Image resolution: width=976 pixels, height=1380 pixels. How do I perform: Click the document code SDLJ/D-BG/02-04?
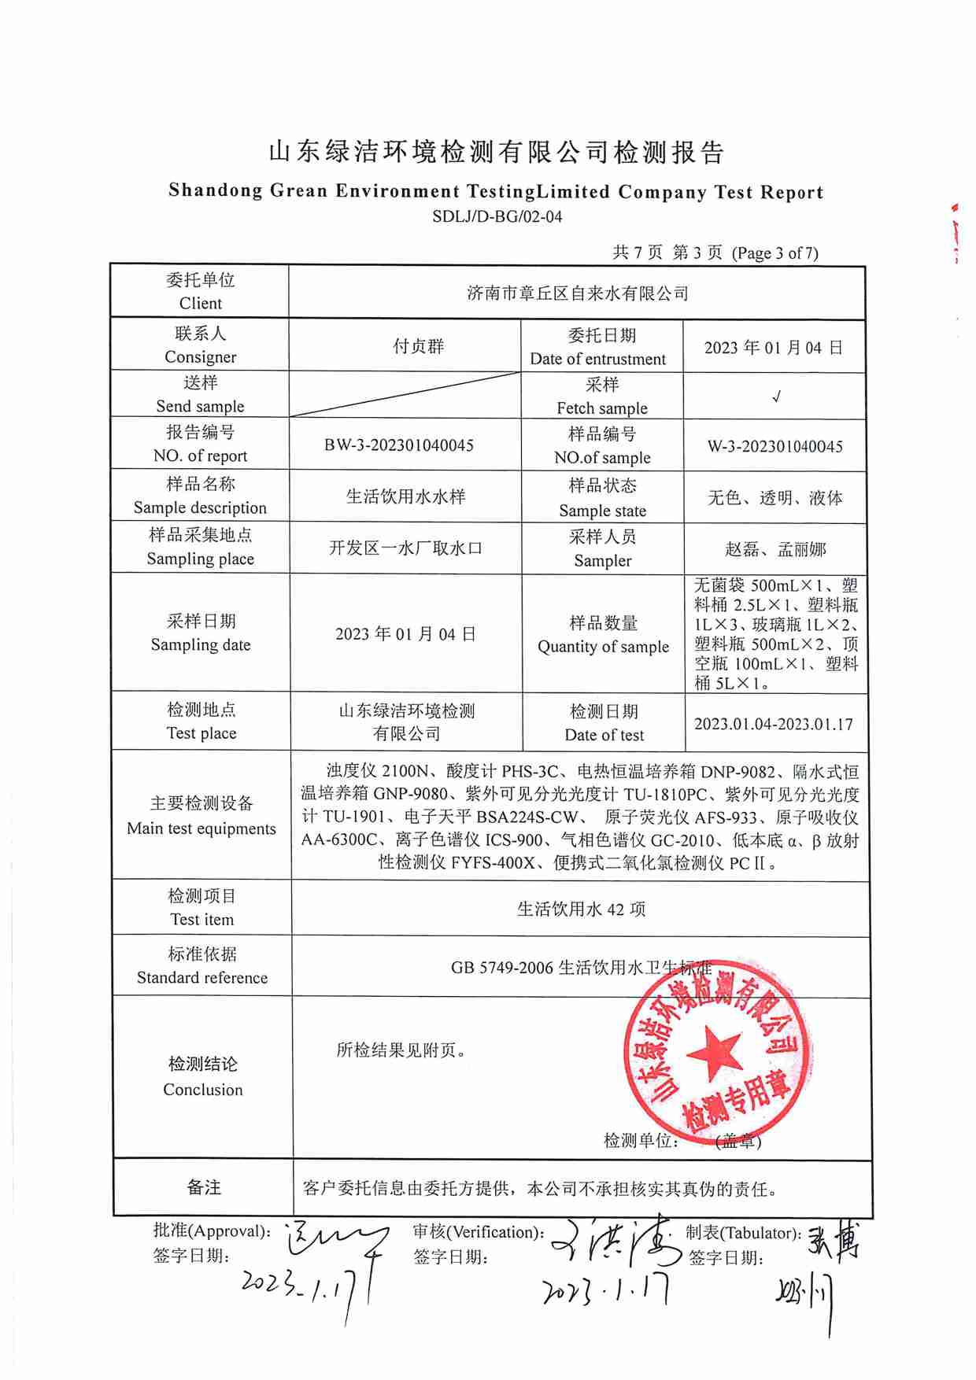point(497,216)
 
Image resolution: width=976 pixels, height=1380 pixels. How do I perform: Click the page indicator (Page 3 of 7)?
point(775,253)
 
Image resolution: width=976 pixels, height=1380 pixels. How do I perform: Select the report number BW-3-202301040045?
point(399,445)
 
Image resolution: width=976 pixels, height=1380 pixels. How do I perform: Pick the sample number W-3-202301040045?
point(775,446)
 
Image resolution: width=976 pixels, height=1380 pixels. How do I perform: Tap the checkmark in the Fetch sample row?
point(776,397)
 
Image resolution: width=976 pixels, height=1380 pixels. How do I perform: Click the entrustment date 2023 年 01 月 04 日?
point(773,348)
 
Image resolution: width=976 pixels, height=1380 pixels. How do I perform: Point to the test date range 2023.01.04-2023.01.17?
point(773,724)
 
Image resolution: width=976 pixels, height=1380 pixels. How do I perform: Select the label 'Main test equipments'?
point(201,828)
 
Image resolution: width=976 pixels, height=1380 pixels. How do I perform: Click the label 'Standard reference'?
point(202,978)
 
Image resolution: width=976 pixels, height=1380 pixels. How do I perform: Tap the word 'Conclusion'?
point(203,1090)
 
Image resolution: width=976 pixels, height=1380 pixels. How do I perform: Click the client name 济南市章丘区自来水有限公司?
point(577,293)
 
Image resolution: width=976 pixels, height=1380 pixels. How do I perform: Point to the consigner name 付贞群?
point(419,346)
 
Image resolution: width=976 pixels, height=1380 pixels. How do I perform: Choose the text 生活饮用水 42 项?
point(581,910)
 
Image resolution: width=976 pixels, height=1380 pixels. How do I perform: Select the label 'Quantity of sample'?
point(603,647)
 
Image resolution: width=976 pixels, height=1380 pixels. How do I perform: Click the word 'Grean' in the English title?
point(298,190)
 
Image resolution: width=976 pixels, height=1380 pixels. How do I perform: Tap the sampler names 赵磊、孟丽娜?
point(775,549)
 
